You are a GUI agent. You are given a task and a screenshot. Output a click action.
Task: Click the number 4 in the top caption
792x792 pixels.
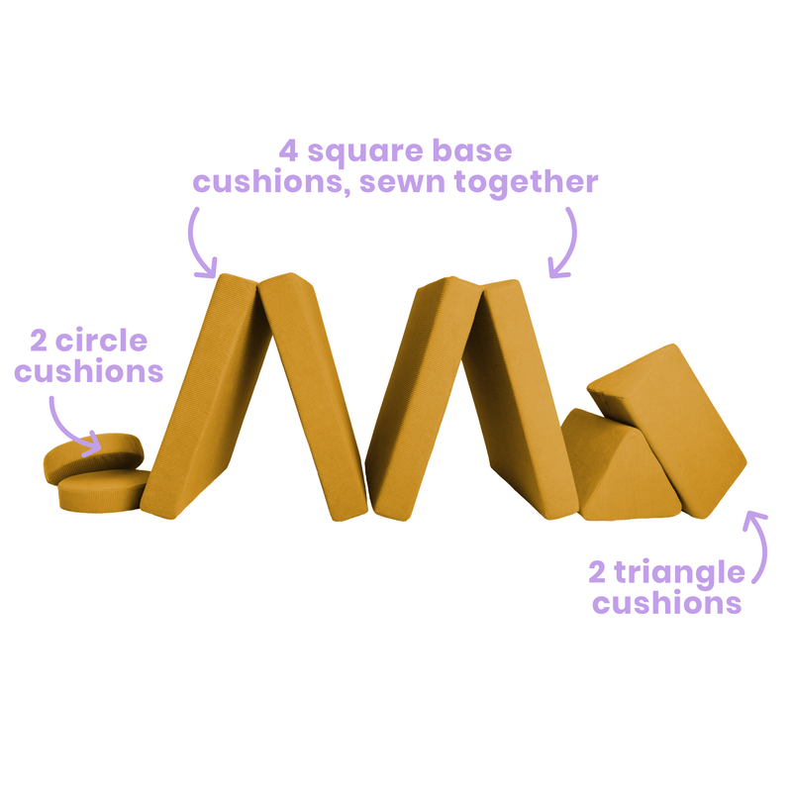point(288,151)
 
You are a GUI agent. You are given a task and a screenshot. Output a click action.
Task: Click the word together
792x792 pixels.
point(527,182)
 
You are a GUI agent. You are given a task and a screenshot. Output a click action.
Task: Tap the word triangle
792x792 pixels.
point(679,574)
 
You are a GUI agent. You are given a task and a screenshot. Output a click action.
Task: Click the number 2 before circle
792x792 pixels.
point(39,341)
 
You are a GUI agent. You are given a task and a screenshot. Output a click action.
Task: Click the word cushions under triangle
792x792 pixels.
point(666,603)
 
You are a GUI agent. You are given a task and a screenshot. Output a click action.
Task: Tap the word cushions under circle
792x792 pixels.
point(89,370)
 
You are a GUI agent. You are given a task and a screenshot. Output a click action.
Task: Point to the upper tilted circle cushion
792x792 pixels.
point(93,457)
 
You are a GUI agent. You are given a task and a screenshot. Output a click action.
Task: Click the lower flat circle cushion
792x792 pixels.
point(105,491)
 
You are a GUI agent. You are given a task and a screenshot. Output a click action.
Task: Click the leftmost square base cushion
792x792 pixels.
point(205,397)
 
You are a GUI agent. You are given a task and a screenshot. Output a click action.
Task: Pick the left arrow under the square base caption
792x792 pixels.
point(198,244)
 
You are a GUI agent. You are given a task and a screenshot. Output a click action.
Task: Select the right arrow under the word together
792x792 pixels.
point(567,244)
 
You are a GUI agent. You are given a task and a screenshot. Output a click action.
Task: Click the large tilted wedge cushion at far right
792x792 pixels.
point(667,431)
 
